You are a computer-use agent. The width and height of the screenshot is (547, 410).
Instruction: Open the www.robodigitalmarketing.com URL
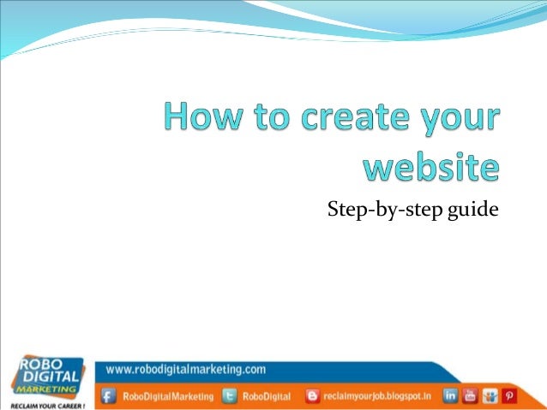click(186, 370)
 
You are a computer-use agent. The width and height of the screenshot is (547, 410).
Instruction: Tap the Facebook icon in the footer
click(109, 396)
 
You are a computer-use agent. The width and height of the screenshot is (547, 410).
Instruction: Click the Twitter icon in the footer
click(230, 396)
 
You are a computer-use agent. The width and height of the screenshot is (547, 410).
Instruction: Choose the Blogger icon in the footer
click(313, 396)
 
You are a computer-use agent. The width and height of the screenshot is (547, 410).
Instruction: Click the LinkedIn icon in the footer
click(451, 395)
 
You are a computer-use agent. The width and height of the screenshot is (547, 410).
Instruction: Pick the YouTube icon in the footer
click(470, 395)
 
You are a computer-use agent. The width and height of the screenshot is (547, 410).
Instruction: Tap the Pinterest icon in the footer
click(509, 395)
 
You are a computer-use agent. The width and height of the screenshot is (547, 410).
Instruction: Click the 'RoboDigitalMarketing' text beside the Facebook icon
click(166, 396)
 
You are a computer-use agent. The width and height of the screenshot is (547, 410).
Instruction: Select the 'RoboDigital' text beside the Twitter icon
click(267, 396)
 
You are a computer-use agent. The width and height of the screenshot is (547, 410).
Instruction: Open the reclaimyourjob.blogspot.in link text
click(377, 396)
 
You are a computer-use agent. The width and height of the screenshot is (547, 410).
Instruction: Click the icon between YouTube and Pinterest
click(490, 395)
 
